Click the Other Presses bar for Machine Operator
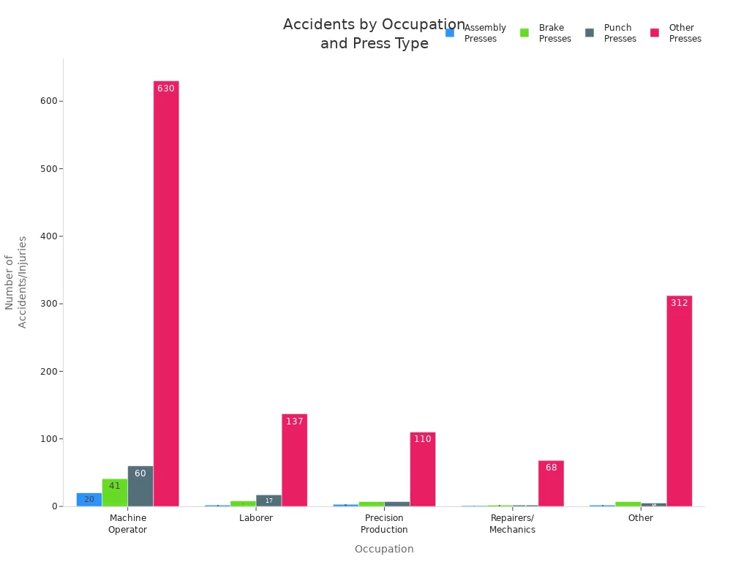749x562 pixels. [166, 293]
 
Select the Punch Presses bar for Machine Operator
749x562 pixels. [140, 486]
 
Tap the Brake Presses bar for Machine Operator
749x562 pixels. [115, 492]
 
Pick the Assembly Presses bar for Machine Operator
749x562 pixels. [89, 499]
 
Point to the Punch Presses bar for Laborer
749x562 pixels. [268, 501]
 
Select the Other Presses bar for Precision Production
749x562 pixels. [422, 469]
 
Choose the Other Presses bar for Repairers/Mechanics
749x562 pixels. [551, 483]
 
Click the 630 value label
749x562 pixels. [166, 89]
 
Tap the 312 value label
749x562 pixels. [679, 303]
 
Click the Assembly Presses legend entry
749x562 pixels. [476, 33]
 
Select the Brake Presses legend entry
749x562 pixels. [546, 33]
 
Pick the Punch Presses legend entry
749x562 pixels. [611, 33]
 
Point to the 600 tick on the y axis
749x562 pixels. [50, 101]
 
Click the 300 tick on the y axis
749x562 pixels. [50, 304]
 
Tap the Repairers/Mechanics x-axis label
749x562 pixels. [512, 524]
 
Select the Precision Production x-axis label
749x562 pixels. [384, 524]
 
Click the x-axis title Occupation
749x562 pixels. [384, 549]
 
